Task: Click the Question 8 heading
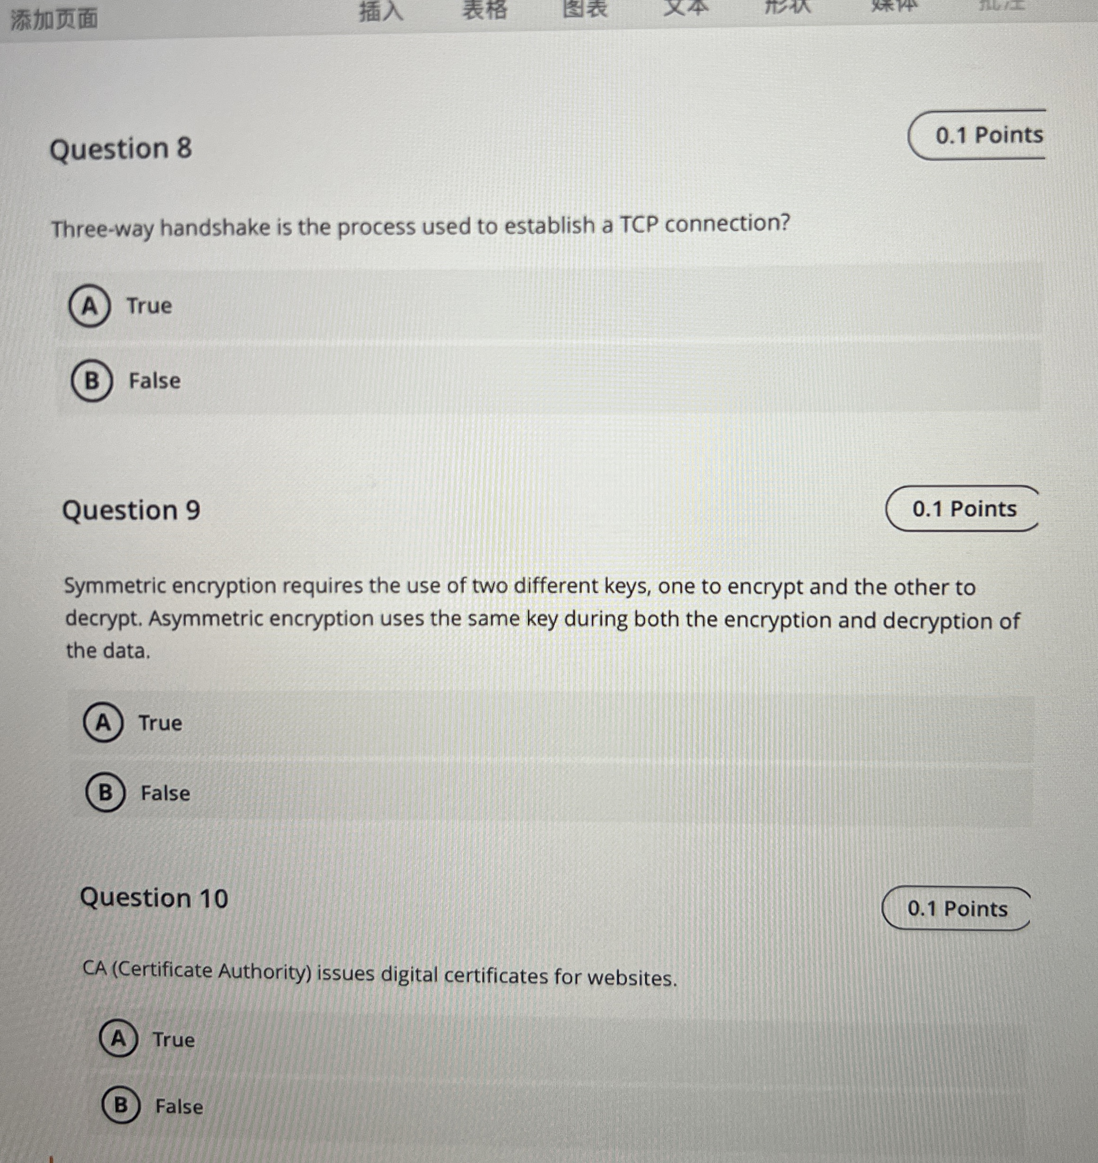121,149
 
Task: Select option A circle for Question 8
89,306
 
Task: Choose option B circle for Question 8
91,381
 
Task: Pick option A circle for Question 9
103,723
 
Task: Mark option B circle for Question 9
105,793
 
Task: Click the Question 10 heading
154,898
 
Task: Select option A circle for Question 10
119,1039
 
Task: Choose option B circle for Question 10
121,1105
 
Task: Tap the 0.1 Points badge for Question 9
963,509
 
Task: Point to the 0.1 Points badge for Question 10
957,908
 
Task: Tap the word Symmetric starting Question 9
114,585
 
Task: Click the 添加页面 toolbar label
54,19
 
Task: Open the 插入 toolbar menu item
381,10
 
